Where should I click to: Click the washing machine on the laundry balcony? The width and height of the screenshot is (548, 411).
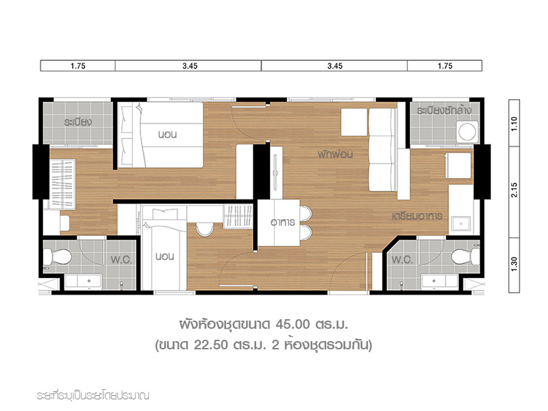click(x=467, y=132)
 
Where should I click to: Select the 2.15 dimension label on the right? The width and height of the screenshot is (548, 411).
click(x=514, y=190)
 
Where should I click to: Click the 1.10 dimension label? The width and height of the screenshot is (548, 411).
click(x=514, y=124)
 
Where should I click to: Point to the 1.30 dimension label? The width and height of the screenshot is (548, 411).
click(x=514, y=264)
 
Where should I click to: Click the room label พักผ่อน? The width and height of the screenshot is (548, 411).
click(x=335, y=154)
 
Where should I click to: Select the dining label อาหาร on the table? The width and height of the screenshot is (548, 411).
click(x=283, y=222)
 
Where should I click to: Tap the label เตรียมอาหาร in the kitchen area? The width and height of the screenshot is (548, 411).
click(x=417, y=216)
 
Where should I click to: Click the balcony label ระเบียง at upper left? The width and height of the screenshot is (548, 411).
click(x=78, y=122)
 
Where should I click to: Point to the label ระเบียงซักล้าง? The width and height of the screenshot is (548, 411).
click(x=444, y=110)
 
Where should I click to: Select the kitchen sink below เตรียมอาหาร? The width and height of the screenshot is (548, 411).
click(x=461, y=224)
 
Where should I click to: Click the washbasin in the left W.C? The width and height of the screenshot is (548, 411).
click(x=84, y=282)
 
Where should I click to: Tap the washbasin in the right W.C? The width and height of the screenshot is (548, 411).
click(x=440, y=282)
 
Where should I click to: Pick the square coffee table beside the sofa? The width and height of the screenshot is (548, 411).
click(x=354, y=122)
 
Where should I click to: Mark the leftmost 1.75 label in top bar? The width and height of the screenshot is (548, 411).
click(x=78, y=66)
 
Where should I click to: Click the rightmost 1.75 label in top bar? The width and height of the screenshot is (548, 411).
click(x=445, y=66)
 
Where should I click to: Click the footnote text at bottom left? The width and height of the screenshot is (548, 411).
click(x=93, y=396)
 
